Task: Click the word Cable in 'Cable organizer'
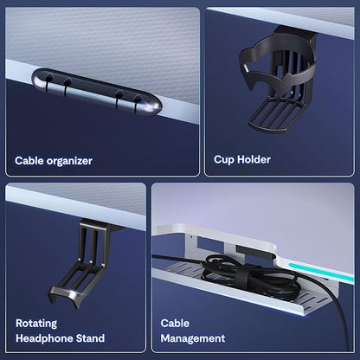click(29, 161)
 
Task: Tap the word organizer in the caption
click(69, 161)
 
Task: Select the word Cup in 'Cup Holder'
click(223, 160)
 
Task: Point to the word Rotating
click(36, 324)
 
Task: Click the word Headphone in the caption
click(44, 338)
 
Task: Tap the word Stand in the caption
click(90, 338)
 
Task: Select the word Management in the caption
click(193, 338)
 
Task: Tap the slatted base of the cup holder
click(274, 115)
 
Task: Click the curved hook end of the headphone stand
click(66, 297)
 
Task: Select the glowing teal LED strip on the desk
click(321, 271)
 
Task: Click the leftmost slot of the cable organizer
click(48, 83)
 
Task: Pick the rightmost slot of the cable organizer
click(137, 103)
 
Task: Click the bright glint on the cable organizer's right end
click(152, 108)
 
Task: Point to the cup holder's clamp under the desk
click(296, 31)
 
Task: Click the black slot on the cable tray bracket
click(254, 250)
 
